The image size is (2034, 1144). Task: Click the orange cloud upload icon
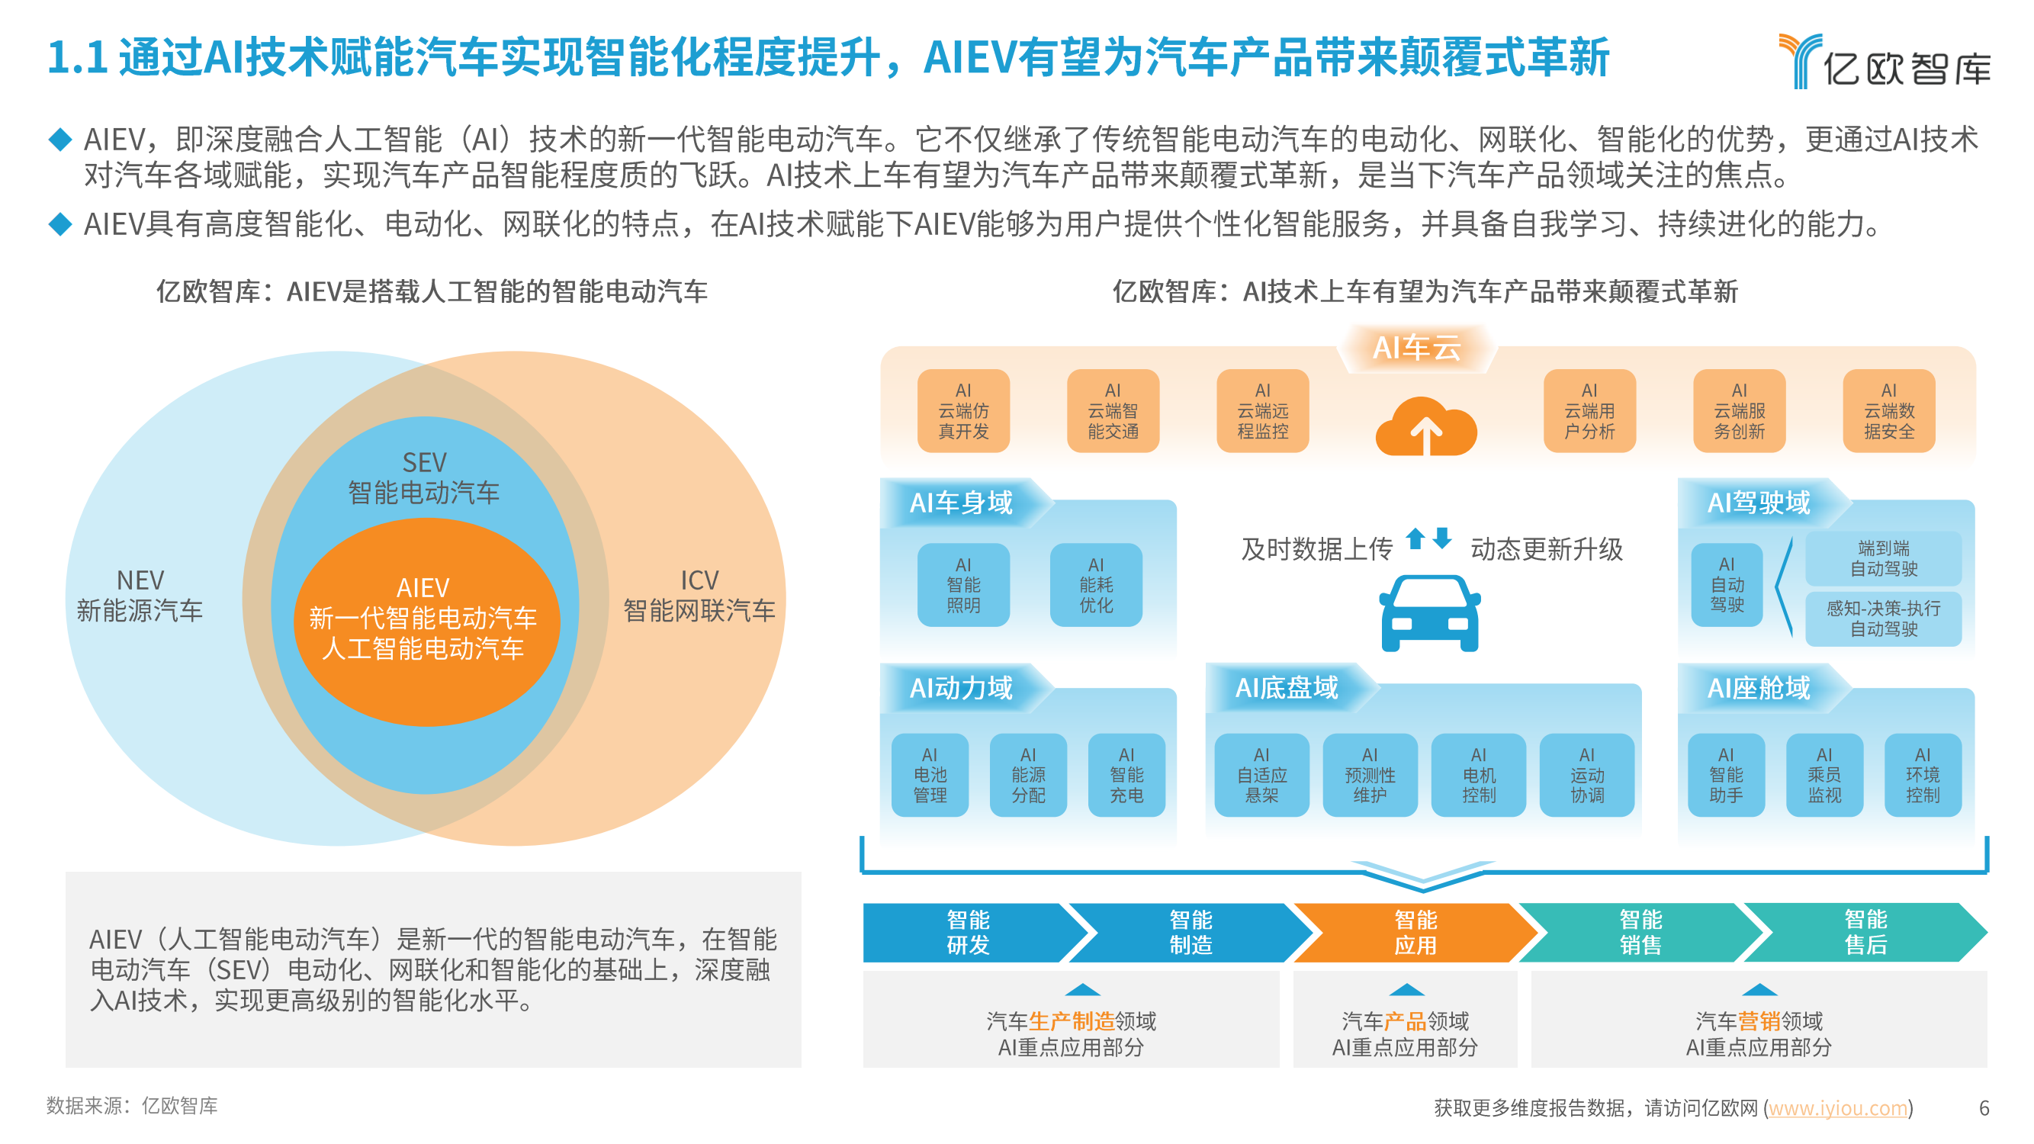1426,426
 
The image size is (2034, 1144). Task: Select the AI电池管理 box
930,775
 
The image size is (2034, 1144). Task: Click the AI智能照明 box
963,585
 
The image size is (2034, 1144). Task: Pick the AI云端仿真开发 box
963,410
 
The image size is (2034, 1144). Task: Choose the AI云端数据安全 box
1888,410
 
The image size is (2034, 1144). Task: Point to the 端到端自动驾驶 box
1883,558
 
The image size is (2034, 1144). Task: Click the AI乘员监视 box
1824,775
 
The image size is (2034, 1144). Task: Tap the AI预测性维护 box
1369,775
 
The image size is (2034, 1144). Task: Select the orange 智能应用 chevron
1415,933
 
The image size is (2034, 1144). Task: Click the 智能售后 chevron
1865,933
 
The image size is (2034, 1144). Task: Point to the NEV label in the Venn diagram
140,580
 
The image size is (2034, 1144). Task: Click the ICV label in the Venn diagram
699,580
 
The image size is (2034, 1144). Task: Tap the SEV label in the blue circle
424,462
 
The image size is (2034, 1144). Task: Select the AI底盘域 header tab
1287,687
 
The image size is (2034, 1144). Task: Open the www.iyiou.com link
1837,1107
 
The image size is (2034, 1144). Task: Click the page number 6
1984,1107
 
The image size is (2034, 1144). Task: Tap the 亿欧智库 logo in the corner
1884,61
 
